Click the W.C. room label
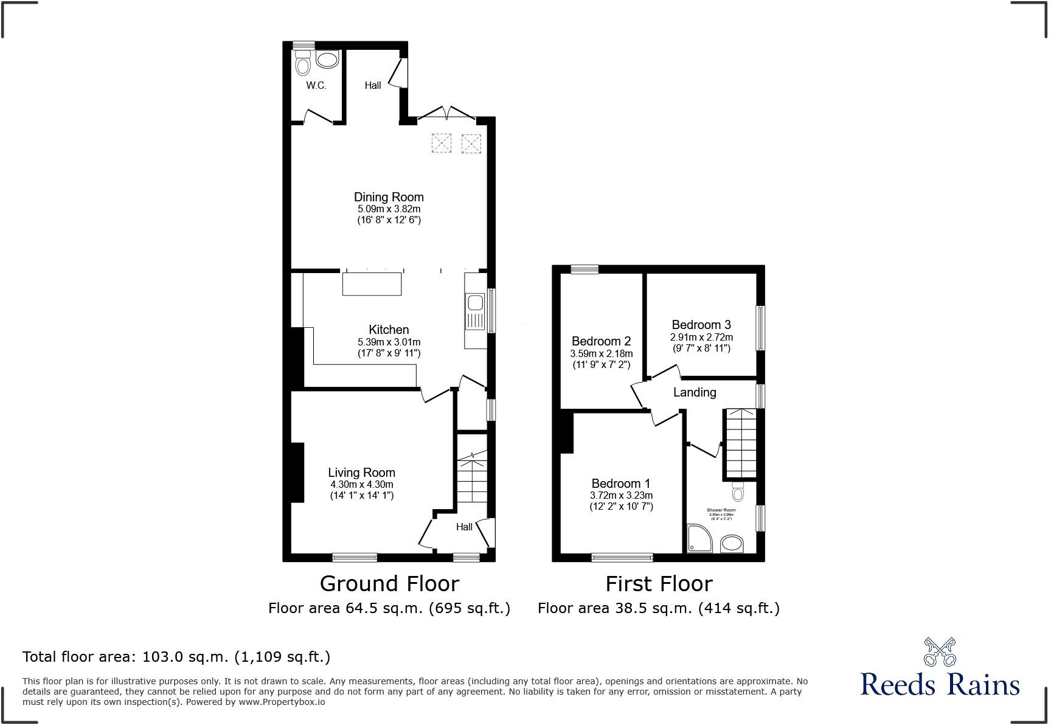316,86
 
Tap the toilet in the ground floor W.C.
302,62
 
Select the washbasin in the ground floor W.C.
327,60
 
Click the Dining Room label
389,197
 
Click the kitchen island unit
372,284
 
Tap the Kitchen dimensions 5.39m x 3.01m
389,342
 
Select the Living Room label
361,473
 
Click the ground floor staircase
472,480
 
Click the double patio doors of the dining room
446,114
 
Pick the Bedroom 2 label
601,341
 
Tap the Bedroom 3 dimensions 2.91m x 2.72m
701,337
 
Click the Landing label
695,393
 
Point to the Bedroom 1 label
620,484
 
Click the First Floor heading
659,584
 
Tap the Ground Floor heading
389,584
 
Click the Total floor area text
176,657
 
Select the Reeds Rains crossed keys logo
940,651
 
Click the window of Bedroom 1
622,557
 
